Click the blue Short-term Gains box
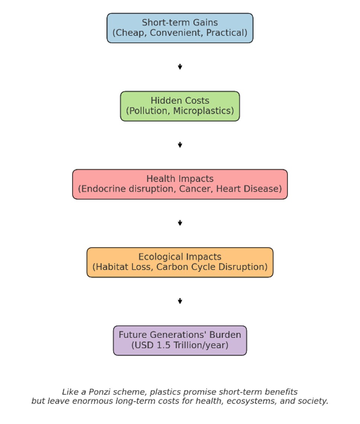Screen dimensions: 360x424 [180, 28]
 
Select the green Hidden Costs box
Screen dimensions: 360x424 [180, 106]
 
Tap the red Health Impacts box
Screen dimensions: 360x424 [180, 184]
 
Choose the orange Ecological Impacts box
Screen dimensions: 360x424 [180, 262]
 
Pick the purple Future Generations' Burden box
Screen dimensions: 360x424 [180, 340]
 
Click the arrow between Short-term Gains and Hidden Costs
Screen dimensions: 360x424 [180, 67]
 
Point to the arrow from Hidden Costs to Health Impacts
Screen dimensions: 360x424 [180, 145]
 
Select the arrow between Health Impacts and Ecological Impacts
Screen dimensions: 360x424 [180, 223]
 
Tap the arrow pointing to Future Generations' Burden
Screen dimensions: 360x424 [180, 301]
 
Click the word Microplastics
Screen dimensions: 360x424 [203, 111]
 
